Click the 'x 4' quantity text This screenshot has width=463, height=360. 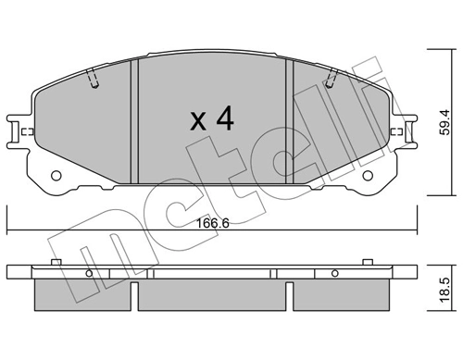click(x=211, y=119)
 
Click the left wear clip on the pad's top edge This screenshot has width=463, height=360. click(x=94, y=82)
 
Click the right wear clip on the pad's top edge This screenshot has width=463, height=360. click(x=331, y=82)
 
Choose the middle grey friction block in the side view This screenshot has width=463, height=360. click(x=212, y=294)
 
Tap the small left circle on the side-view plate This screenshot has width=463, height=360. click(x=92, y=274)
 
